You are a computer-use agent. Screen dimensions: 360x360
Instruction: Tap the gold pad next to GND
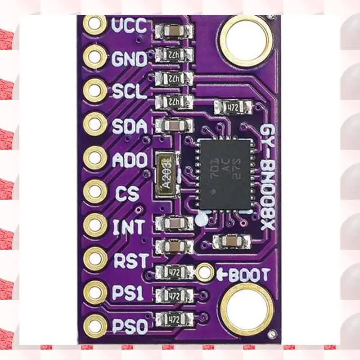point(95,57)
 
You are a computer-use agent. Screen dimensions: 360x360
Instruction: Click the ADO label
point(129,160)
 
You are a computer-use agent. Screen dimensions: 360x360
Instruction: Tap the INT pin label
point(128,226)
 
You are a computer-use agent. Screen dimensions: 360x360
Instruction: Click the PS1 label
point(128,293)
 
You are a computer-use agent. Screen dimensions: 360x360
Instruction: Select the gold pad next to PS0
point(95,325)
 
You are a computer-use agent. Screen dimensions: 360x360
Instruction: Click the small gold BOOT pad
point(205,271)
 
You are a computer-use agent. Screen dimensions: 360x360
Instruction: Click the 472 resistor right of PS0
point(174,319)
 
